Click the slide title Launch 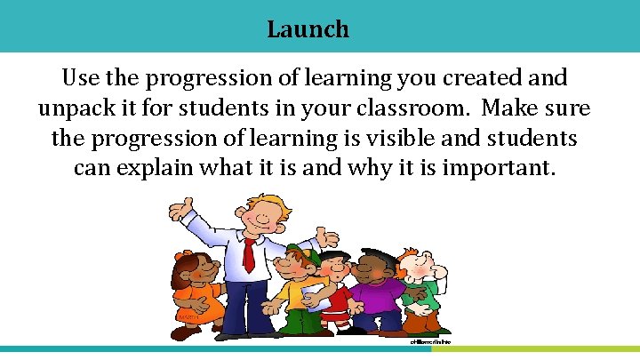[308, 29]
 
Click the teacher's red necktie [249, 254]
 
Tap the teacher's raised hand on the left [182, 211]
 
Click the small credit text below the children [431, 340]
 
